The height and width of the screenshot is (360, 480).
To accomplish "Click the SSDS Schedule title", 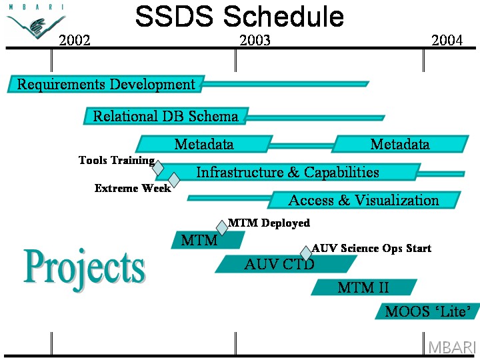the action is tap(239, 16).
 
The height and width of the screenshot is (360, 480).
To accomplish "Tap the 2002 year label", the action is tap(75, 40).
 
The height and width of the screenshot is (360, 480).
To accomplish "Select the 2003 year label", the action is tap(255, 40).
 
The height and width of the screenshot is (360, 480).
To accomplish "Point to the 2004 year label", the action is tap(447, 40).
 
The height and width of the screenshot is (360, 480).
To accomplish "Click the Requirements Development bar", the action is tap(106, 84).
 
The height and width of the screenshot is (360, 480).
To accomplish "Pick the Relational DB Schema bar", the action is tap(166, 116).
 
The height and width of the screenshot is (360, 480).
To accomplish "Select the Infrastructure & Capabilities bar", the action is tap(288, 172).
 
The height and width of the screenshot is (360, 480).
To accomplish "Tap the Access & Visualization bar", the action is tap(364, 200).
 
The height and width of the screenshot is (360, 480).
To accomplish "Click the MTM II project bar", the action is tap(364, 287).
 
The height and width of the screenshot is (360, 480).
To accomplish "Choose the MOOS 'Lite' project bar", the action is tap(427, 311).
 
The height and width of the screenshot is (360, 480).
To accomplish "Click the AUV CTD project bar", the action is tap(286, 264).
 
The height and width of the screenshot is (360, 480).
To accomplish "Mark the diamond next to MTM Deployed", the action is tap(222, 228).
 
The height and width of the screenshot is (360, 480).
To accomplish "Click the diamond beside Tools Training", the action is tap(158, 168).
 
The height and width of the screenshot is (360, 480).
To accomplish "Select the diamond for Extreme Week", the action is tap(174, 180).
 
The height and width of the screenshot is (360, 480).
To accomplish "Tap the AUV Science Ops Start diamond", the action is tap(306, 253).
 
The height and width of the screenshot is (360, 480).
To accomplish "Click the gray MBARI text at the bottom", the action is tap(452, 347).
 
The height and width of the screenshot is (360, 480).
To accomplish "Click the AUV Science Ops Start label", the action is tap(371, 248).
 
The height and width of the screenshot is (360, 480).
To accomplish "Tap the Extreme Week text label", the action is tap(133, 188).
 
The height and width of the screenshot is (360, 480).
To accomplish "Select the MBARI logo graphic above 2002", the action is tap(36, 21).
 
